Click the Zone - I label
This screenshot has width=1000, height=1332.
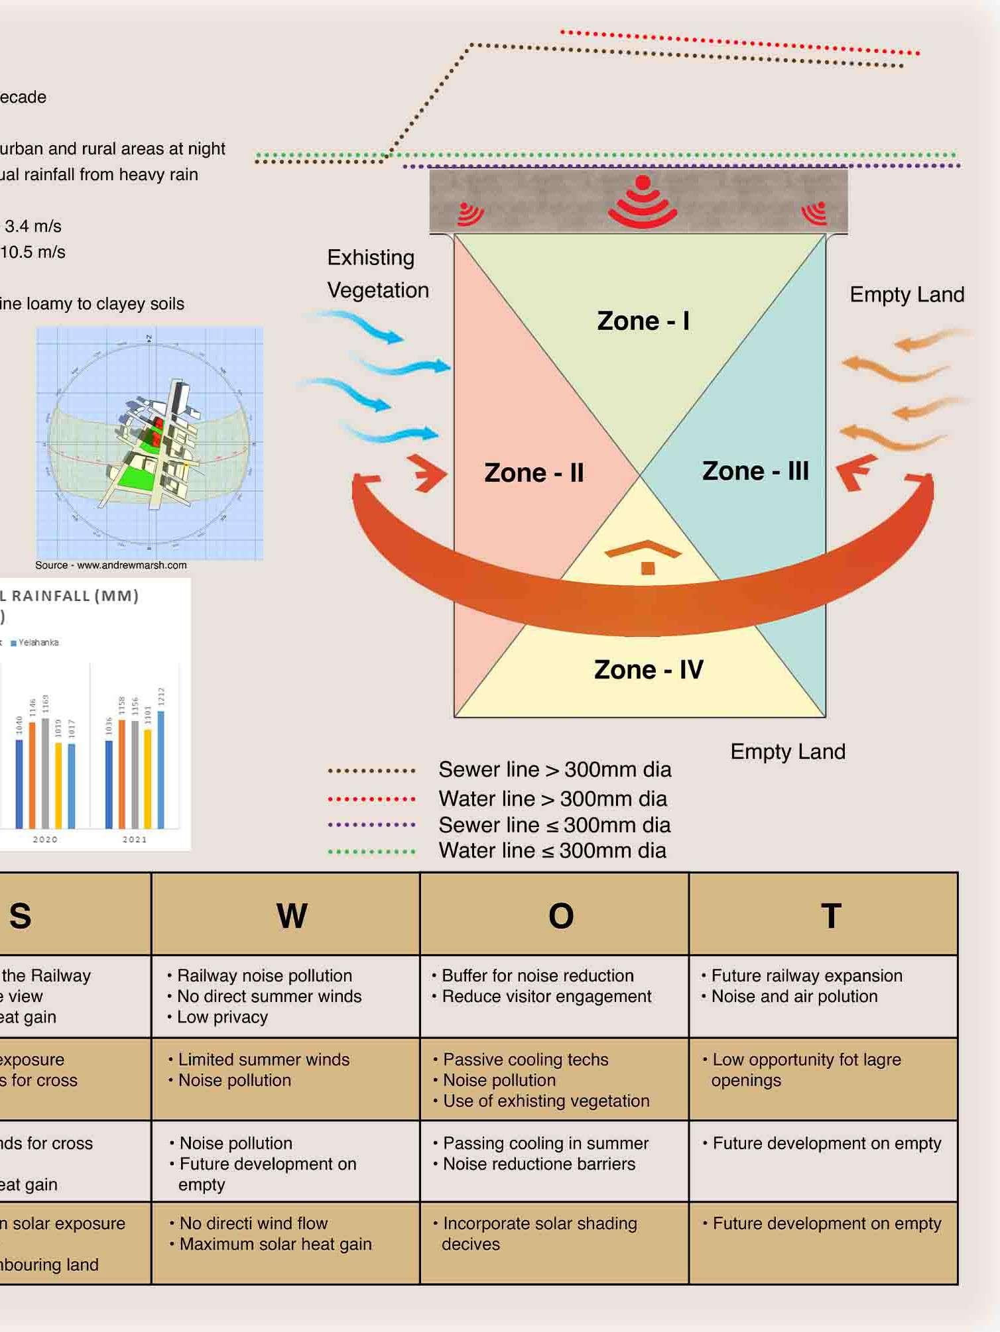pos(643,321)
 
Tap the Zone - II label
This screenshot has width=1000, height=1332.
pos(534,473)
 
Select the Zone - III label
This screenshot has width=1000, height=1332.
pos(755,471)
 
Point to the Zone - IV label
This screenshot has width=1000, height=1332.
pos(649,670)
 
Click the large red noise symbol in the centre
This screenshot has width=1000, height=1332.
pos(643,201)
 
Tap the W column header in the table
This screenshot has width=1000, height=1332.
pos(292,916)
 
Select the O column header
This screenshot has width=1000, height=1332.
pos(561,916)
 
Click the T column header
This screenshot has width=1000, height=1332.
pos(831,916)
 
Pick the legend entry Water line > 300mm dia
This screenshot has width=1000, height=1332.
pos(552,799)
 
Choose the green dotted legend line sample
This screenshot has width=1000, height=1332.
pos(371,852)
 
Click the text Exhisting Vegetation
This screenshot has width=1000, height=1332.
pos(378,274)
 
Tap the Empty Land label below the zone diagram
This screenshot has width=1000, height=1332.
pos(788,751)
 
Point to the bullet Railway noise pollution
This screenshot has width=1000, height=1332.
pos(264,975)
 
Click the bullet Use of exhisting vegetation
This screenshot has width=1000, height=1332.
pos(546,1101)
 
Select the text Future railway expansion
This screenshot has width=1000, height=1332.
pos(806,975)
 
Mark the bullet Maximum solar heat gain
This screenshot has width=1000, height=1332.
pos(275,1244)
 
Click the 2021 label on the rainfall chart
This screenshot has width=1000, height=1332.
pos(135,839)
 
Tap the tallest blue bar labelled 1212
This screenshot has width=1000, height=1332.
pos(161,769)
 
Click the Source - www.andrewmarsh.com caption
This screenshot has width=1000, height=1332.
pos(111,565)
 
